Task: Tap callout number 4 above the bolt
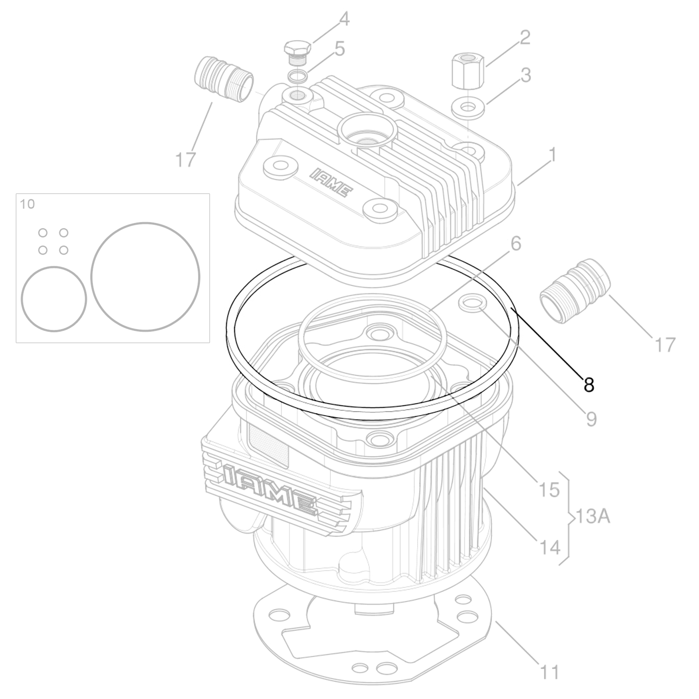[344, 19]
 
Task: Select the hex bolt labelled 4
[298, 50]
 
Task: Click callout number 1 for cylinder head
[552, 155]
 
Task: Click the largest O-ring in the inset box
[145, 277]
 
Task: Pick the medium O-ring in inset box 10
[53, 299]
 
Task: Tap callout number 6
[516, 244]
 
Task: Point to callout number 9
[591, 419]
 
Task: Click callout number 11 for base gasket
[549, 672]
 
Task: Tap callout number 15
[549, 490]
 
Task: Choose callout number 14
[549, 547]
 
